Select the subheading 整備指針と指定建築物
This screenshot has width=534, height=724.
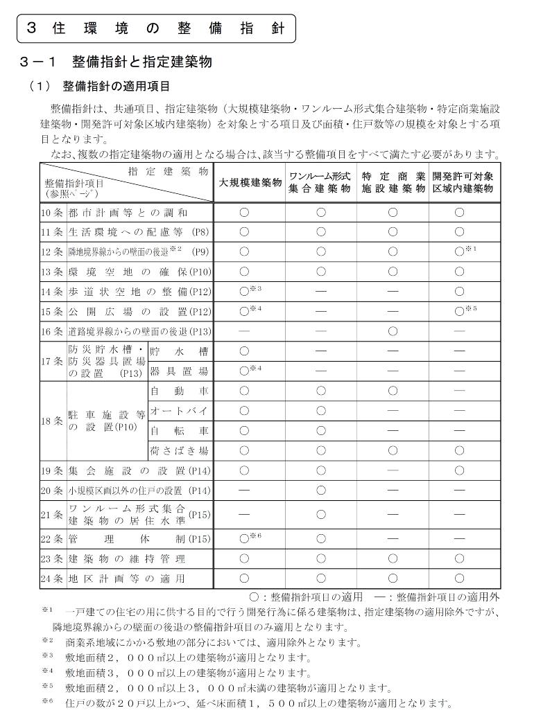(x=141, y=62)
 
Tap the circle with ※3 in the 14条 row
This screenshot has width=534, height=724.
(x=245, y=292)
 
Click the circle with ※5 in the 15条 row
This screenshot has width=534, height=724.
(x=458, y=312)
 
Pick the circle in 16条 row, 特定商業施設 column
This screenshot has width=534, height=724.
(x=393, y=332)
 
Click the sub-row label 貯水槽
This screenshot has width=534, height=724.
(x=179, y=351)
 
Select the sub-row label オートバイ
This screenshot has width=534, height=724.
(x=179, y=411)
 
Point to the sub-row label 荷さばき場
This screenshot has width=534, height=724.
(x=179, y=451)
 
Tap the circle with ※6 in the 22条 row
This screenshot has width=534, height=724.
(x=245, y=538)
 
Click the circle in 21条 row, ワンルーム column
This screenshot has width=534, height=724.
(x=320, y=514)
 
